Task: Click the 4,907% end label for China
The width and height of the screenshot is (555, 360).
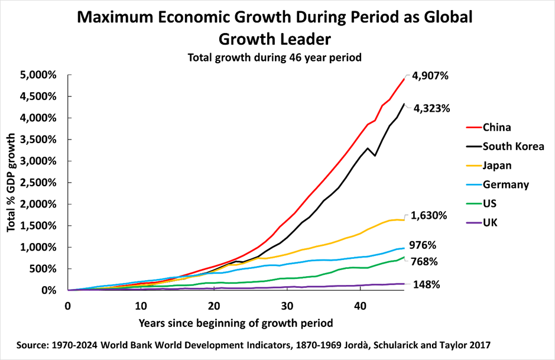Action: tap(431, 76)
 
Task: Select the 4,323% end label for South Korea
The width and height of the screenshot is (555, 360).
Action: tap(431, 109)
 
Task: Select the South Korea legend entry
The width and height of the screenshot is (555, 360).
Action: tap(513, 146)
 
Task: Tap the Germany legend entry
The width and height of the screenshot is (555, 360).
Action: tap(505, 184)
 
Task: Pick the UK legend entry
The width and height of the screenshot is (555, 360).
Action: tap(491, 223)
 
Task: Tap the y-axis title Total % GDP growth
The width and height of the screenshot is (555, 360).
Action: tap(12, 183)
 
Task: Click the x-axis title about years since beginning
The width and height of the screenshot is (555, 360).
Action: tap(235, 323)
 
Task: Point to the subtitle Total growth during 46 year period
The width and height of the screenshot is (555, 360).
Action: tap(274, 58)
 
